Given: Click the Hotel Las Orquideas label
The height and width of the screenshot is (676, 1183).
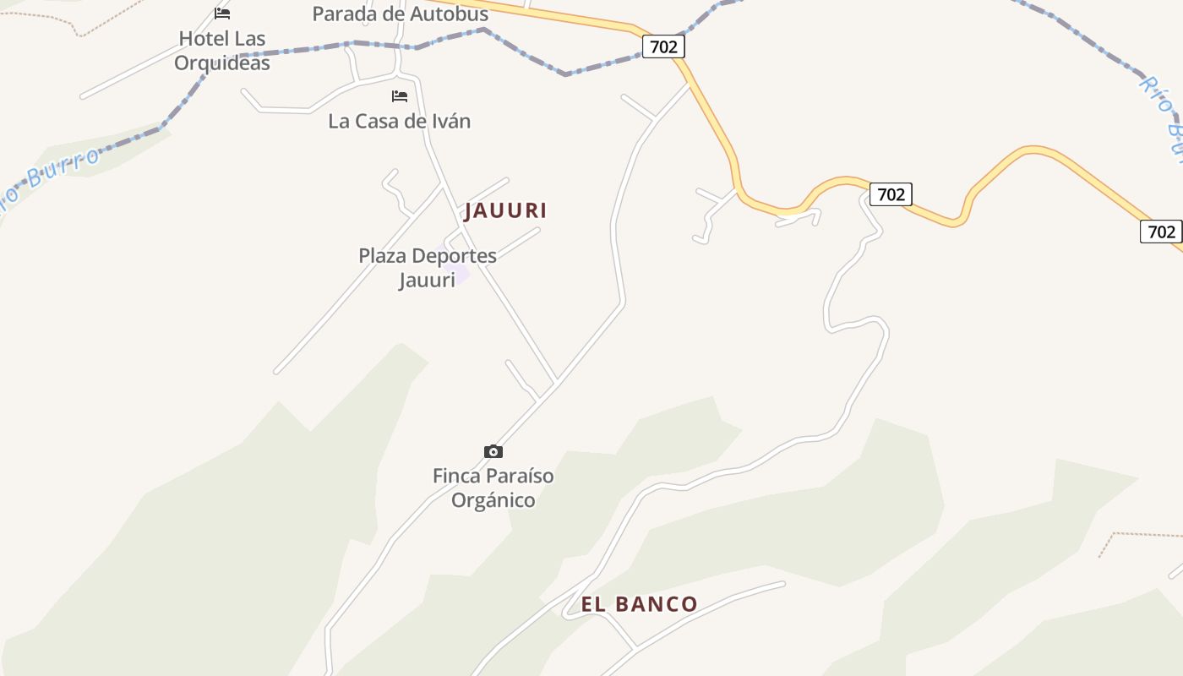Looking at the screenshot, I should [222, 51].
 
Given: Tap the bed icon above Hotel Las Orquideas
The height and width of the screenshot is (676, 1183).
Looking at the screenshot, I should [222, 14].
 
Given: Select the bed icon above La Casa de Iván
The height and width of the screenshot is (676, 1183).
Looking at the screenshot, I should [400, 96].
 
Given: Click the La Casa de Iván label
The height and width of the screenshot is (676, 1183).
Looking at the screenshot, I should [399, 121].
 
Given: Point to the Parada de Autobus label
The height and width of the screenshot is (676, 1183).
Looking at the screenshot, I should [401, 14].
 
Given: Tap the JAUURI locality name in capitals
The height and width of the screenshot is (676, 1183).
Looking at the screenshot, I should [505, 210].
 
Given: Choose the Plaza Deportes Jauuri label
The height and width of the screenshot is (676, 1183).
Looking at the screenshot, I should [427, 267].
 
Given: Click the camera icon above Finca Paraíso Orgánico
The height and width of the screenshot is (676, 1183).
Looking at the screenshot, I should [493, 451].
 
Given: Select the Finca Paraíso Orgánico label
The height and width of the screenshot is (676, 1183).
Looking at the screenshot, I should [493, 488].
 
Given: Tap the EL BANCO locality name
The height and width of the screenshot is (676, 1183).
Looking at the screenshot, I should [639, 604].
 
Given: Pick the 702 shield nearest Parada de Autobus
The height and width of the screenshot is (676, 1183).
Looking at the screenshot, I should [663, 46].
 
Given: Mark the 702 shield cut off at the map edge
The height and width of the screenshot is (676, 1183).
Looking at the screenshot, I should [1161, 231].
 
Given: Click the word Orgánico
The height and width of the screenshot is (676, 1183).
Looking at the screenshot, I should [493, 500].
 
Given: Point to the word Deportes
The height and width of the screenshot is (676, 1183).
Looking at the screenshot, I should [455, 255].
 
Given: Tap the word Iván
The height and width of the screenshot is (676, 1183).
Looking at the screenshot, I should [450, 121].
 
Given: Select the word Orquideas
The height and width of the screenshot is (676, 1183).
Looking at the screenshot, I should [222, 63].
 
